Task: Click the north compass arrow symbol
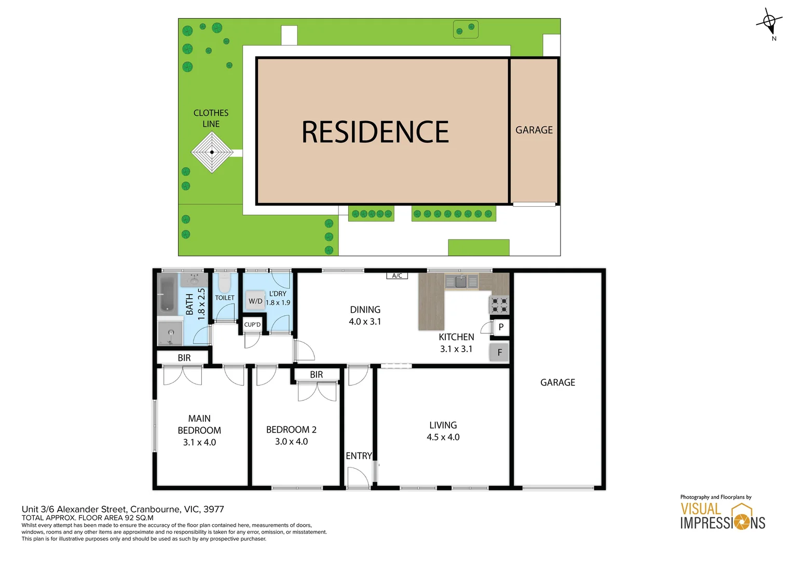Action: tap(769, 22)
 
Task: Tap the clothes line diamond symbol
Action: tap(212, 152)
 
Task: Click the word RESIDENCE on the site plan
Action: tap(375, 132)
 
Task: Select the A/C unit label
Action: tap(397, 276)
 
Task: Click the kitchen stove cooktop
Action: tap(499, 305)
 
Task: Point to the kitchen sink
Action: tap(461, 282)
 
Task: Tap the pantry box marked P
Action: tap(501, 327)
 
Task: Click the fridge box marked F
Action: tap(499, 352)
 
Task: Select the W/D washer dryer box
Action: tap(255, 301)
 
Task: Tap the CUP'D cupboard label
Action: tap(252, 325)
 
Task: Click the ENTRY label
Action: tap(359, 456)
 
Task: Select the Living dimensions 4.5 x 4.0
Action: tap(443, 437)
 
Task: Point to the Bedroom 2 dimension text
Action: tap(291, 442)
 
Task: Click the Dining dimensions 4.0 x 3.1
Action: tap(365, 322)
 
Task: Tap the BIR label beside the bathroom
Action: tap(184, 358)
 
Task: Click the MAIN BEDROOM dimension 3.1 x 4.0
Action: tap(199, 443)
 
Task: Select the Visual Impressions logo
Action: tap(722, 516)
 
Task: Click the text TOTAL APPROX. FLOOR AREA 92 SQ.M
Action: tap(88, 518)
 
